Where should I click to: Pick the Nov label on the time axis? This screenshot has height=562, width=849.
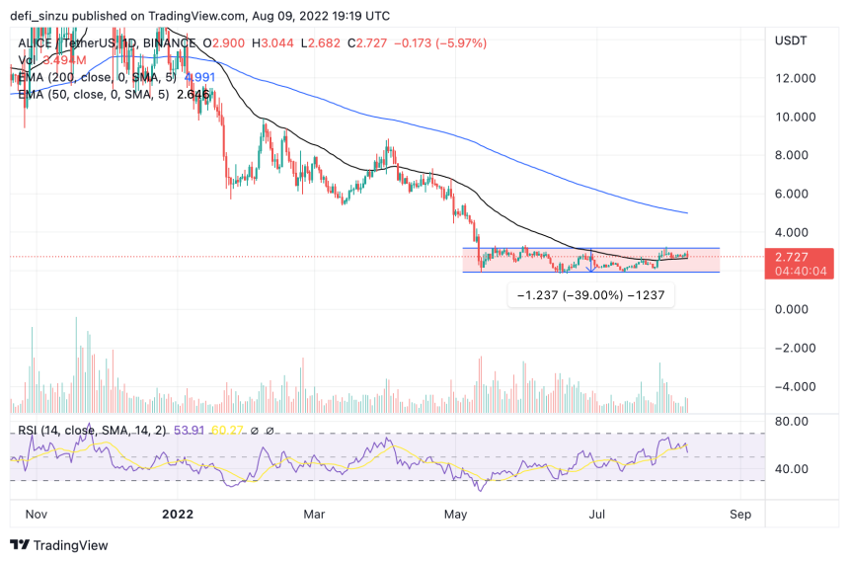pos(37,515)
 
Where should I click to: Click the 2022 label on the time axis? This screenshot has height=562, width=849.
pos(177,515)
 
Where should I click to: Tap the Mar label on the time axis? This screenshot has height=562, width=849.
pos(314,515)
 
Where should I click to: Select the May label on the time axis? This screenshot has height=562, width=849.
pos(456,515)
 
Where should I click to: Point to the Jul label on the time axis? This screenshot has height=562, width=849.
pos(595,515)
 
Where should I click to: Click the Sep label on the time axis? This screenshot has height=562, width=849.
pos(741,515)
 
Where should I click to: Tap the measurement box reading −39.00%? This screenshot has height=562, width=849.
pos(590,294)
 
